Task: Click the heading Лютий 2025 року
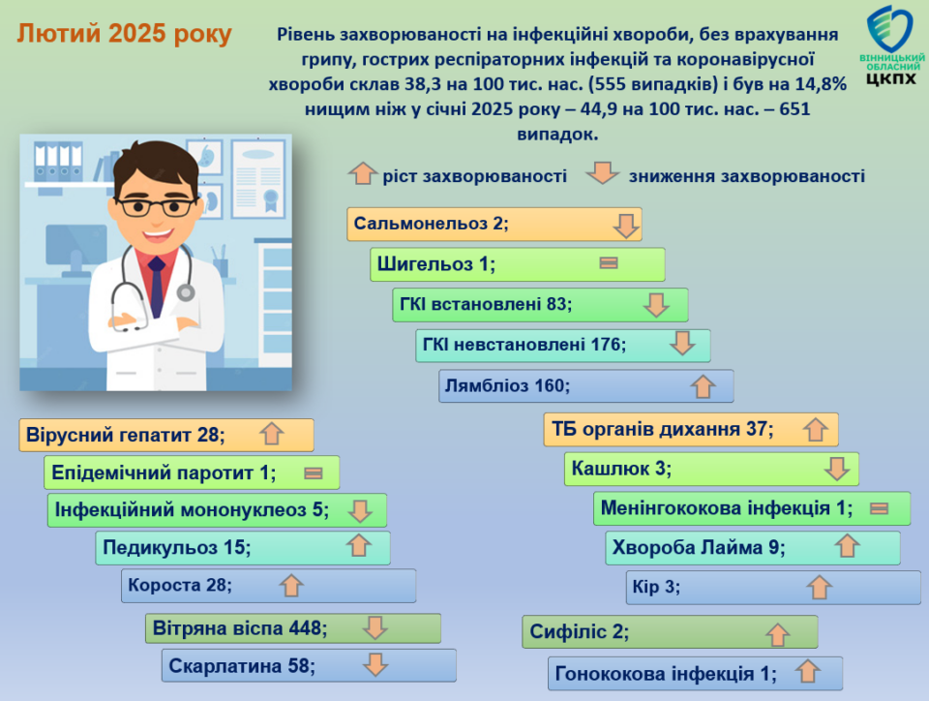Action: [x=124, y=34]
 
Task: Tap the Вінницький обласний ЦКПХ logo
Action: [x=891, y=46]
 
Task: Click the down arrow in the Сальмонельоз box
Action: [x=626, y=226]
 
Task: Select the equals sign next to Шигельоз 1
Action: [x=609, y=262]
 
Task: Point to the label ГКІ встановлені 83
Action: [x=486, y=304]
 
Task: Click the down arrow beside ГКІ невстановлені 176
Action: [x=682, y=343]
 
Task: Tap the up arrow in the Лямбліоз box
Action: [x=704, y=386]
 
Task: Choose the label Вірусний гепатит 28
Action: [x=126, y=435]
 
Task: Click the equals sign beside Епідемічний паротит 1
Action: [x=313, y=472]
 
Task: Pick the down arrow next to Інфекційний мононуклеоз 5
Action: [x=360, y=511]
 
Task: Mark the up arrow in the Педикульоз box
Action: [x=359, y=545]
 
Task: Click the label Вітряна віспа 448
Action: [x=240, y=628]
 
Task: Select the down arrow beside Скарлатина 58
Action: [x=375, y=664]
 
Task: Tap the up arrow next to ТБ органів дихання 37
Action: [x=815, y=429]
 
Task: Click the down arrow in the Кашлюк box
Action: [x=836, y=468]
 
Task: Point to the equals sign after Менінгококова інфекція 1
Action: [x=880, y=507]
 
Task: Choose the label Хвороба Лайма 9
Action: [x=699, y=547]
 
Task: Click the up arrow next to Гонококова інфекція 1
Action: [x=807, y=671]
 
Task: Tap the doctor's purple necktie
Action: [x=157, y=287]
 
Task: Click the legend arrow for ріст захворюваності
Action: [x=362, y=173]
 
